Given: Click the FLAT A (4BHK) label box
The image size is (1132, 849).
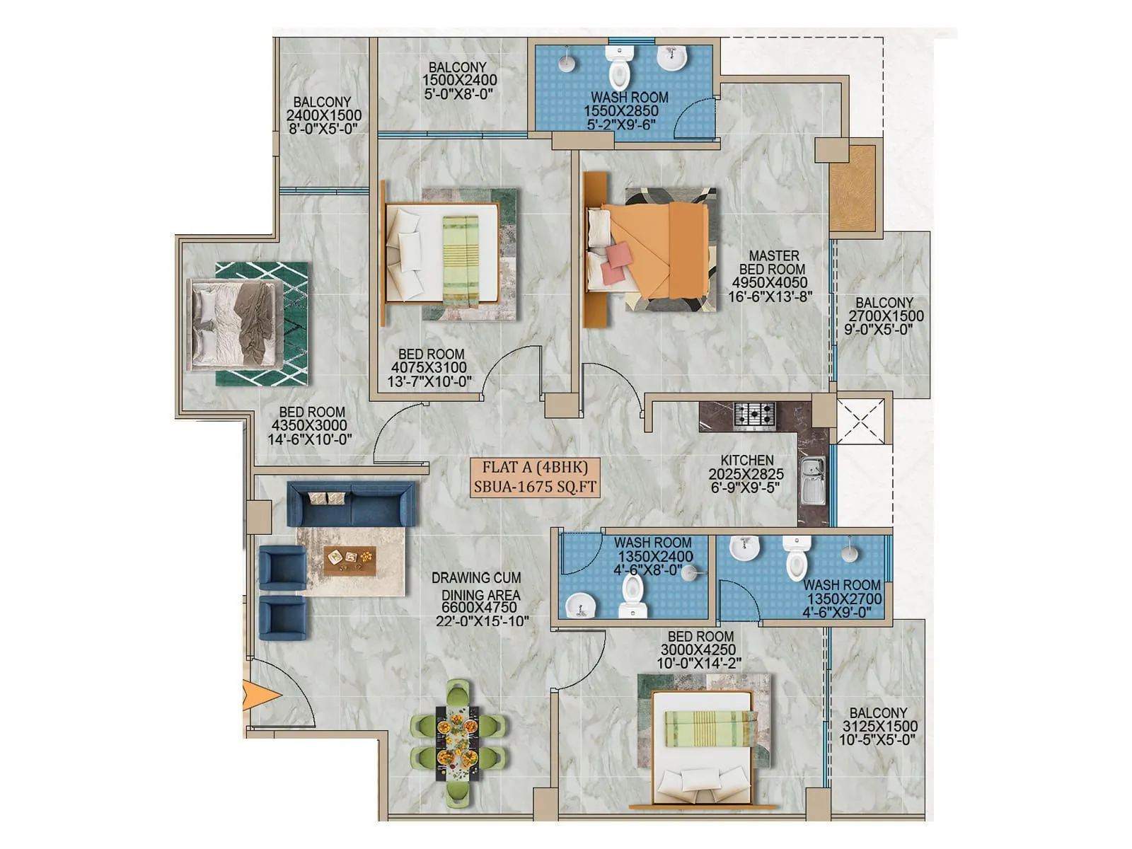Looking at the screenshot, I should click(536, 477).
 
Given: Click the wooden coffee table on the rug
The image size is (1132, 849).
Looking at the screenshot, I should click(350, 560).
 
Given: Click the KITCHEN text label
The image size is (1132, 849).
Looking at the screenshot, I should click(747, 460).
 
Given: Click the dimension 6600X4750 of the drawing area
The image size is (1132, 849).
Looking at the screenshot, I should click(479, 607).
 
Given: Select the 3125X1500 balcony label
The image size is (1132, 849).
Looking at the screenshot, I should click(879, 727).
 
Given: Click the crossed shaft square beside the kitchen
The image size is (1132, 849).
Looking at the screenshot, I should click(860, 421).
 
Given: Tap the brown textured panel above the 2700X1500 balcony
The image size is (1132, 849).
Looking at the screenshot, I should click(853, 188).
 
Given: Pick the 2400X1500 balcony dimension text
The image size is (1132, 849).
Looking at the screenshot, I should click(323, 115).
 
